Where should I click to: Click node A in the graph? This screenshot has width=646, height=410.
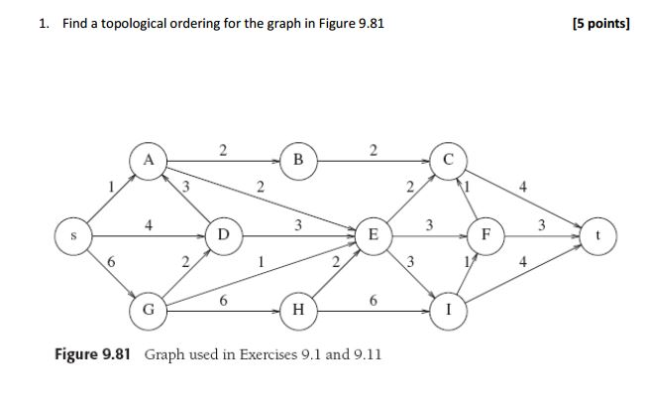click(148, 160)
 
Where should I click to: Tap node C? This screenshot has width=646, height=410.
click(448, 161)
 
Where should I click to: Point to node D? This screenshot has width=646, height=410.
click(224, 235)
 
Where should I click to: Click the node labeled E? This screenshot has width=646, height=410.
click(373, 235)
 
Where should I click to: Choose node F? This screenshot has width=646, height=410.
click(485, 236)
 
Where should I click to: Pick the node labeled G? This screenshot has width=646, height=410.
click(148, 310)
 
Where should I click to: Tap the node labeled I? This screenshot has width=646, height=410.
click(448, 310)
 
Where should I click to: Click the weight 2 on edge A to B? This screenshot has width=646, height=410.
click(223, 150)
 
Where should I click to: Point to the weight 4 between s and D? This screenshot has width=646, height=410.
click(148, 225)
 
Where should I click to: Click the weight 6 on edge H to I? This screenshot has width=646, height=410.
click(373, 299)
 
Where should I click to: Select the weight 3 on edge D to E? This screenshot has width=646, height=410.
click(298, 225)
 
